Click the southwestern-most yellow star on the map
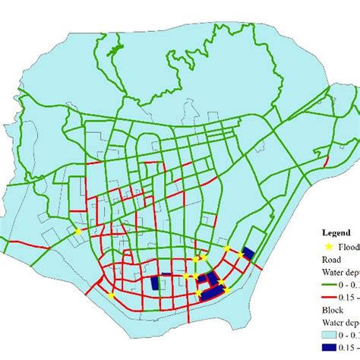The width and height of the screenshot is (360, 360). coord(111,295)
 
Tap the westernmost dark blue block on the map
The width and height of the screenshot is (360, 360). coord(156,283)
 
